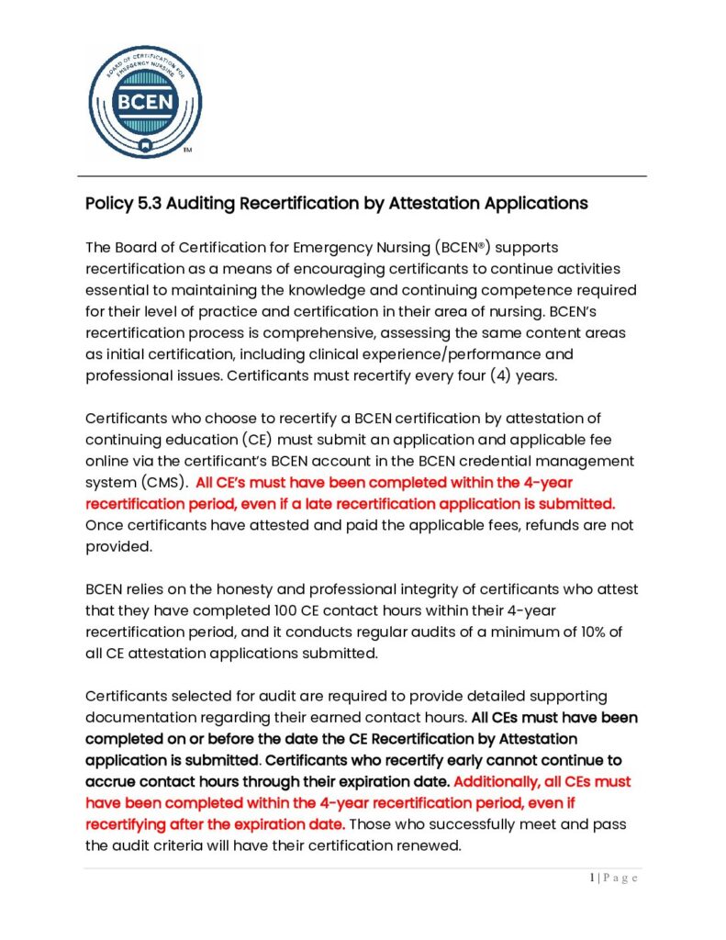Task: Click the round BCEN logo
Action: pos(145,101)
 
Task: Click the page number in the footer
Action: pos(593,878)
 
